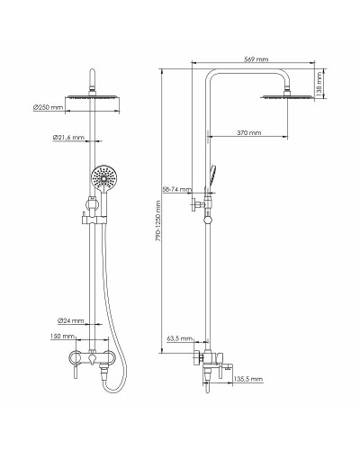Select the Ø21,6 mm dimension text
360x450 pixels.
point(69,138)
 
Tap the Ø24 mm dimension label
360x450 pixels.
point(71,321)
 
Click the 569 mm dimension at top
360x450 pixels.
point(256,59)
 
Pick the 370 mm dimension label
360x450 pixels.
point(248,132)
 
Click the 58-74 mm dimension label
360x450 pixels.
point(175,190)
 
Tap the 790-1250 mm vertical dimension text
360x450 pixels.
point(158,232)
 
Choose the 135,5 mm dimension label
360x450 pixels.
point(248,380)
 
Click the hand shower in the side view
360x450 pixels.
point(210,174)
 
